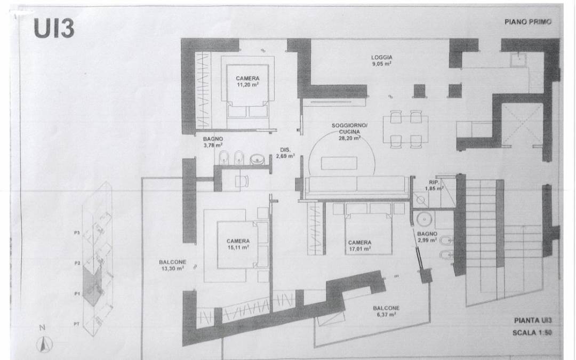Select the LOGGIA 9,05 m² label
[x=382, y=60]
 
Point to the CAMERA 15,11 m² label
[x=237, y=244]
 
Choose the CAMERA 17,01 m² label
[x=359, y=245]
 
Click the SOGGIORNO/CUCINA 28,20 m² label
[x=346, y=131]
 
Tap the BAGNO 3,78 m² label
[x=213, y=141]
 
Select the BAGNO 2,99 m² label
[x=427, y=237]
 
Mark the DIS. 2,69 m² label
[x=284, y=154]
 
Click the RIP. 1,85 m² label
[x=433, y=185]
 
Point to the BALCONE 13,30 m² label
[x=172, y=265]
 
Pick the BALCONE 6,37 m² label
[x=387, y=311]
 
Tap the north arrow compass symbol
[x=41, y=345]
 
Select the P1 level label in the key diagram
[x=77, y=293]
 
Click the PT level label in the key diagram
[x=77, y=323]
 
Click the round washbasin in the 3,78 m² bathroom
[x=258, y=158]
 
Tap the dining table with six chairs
[x=404, y=129]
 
